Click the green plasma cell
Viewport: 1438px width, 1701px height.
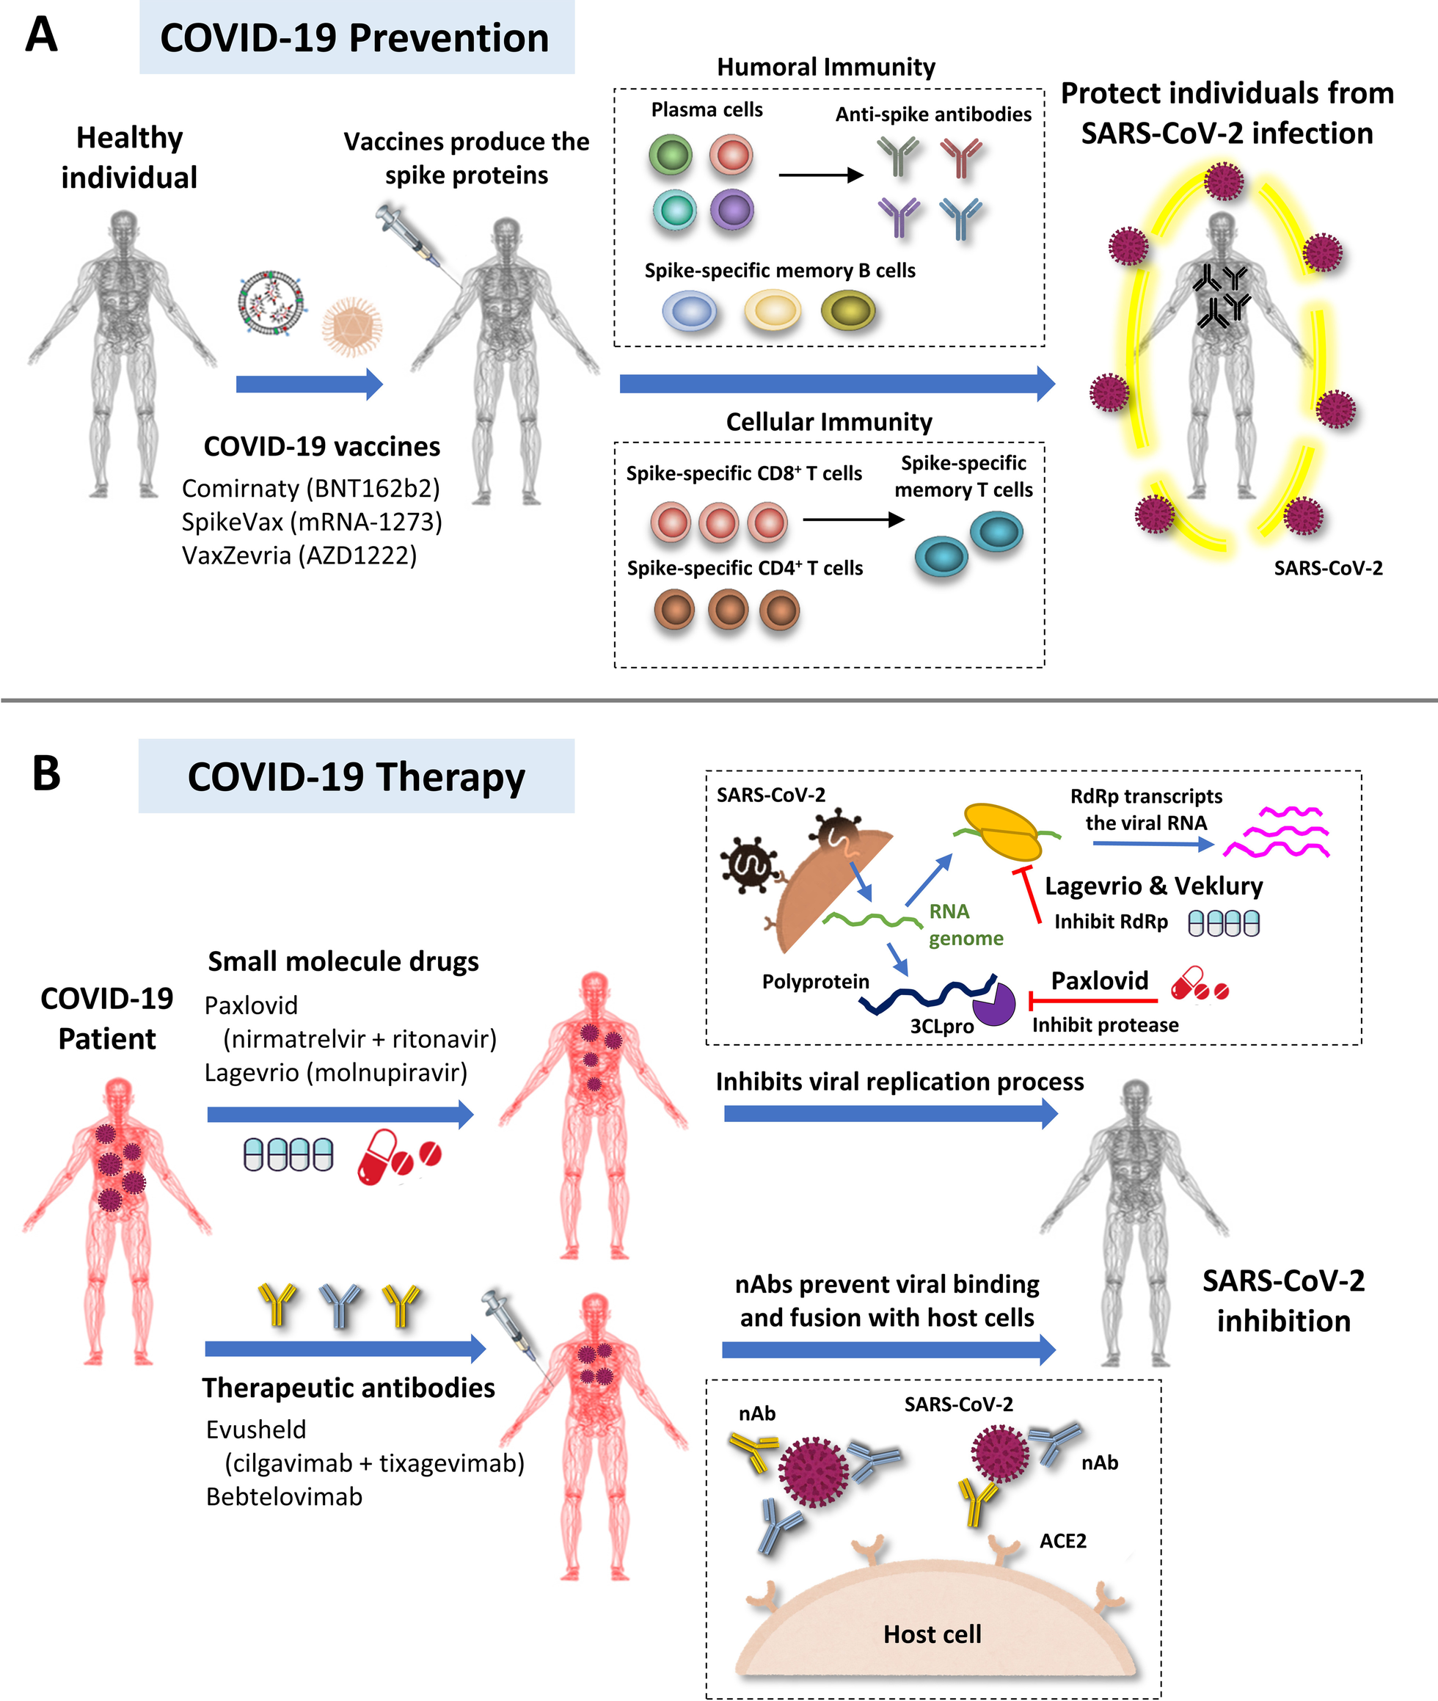[670, 156]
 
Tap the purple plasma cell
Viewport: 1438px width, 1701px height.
[731, 210]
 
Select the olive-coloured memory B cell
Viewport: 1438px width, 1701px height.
[848, 310]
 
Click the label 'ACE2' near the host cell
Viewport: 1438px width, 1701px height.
[1062, 1540]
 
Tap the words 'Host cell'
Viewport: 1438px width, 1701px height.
[932, 1633]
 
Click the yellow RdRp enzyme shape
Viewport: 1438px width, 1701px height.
[1003, 831]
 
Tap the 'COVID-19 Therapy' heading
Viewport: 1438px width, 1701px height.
[357, 776]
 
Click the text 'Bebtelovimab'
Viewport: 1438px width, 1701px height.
[284, 1496]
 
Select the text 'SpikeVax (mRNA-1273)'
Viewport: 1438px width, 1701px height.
[311, 522]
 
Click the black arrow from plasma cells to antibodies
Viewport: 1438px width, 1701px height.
[820, 175]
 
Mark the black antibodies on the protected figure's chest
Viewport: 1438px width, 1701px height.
[1220, 295]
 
